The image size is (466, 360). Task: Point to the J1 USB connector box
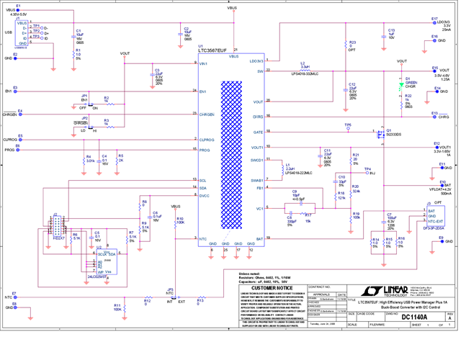(22, 32)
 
